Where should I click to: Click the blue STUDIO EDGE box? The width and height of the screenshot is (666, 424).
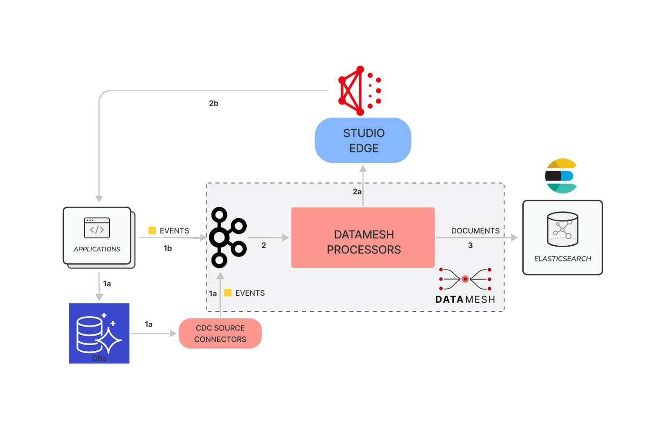pos(363,140)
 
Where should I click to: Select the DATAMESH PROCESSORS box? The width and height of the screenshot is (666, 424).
pos(363,237)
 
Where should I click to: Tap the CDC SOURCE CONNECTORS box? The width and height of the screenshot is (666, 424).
pos(220,333)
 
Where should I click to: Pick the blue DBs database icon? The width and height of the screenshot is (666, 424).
pos(99,333)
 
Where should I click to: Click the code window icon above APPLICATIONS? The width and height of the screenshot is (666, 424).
pos(97,228)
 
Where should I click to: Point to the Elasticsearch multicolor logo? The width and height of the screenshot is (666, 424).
pos(561,176)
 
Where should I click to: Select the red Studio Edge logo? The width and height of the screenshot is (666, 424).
pos(360,90)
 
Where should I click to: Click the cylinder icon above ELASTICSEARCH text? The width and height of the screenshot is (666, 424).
pos(562,229)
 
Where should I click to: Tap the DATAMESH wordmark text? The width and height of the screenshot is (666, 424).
pos(465,299)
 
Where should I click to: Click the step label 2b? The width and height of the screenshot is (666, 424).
pos(214,103)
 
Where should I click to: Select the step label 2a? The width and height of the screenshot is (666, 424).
pos(357,192)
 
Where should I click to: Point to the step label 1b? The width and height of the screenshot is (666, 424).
pos(167,248)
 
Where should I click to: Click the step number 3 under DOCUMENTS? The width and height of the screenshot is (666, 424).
pos(470,245)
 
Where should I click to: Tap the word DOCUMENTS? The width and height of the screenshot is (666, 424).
pos(475,231)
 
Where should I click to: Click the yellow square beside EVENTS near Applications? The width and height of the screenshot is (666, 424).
pos(152,230)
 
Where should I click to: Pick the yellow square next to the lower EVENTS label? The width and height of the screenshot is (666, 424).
pos(228,293)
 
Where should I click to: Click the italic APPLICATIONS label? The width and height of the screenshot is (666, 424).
pos(97,249)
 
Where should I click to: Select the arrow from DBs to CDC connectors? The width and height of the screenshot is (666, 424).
pos(154,333)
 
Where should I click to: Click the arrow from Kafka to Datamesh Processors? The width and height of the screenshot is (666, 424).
pos(268,237)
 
